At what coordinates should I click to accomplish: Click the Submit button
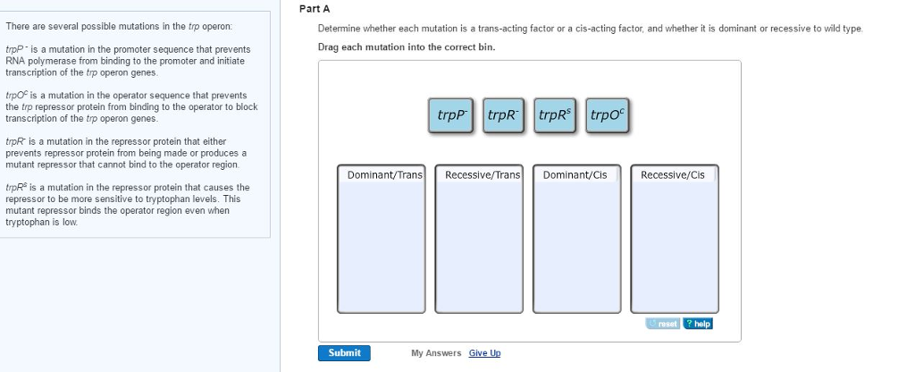click(344, 352)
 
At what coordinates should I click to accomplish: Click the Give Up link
click(484, 353)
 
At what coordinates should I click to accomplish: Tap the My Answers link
click(436, 353)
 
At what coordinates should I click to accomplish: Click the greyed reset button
click(664, 324)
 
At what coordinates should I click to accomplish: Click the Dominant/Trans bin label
click(385, 175)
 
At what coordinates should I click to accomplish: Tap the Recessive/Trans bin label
click(483, 175)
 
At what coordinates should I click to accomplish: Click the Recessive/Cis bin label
click(673, 175)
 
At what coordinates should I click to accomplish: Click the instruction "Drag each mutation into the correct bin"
click(407, 46)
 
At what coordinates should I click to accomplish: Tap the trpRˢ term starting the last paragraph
click(15, 188)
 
